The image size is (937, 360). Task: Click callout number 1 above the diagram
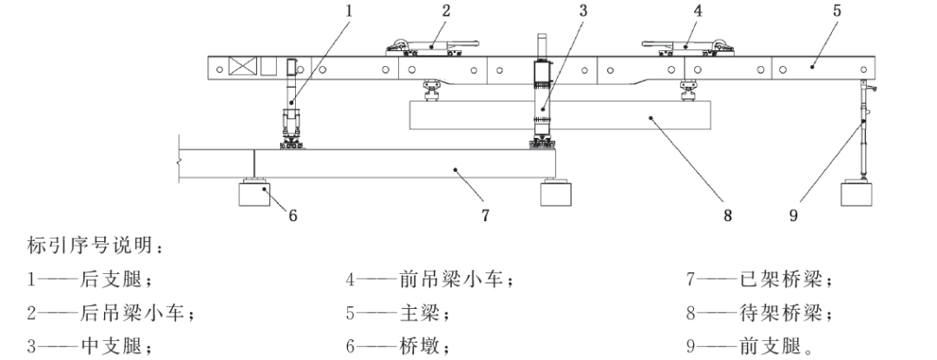(350, 10)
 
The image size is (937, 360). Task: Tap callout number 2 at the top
(447, 10)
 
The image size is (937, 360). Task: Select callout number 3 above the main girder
(583, 10)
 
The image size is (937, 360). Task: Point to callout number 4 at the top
(698, 10)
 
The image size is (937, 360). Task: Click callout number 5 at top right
(836, 10)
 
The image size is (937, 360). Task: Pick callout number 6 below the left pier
(293, 215)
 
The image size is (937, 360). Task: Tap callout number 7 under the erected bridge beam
(485, 215)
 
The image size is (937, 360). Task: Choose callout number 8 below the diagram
(727, 215)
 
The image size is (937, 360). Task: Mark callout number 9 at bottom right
(794, 215)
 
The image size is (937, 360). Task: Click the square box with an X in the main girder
(243, 66)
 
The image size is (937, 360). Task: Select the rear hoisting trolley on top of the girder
(433, 47)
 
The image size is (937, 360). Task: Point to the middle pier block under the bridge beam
(556, 194)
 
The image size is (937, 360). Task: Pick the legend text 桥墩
(421, 346)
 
